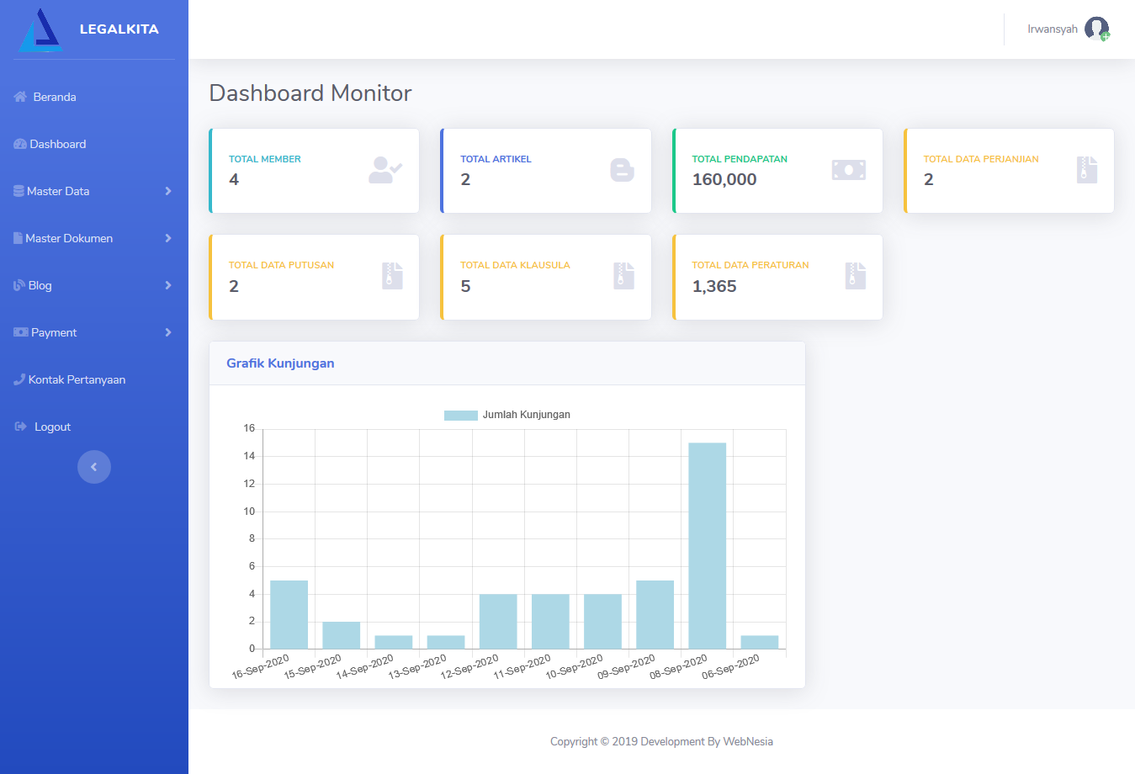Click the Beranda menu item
pyautogui.click(x=45, y=97)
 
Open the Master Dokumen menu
pyautogui.click(x=63, y=238)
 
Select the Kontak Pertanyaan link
pyautogui.click(x=70, y=379)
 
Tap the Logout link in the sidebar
pyautogui.click(x=43, y=427)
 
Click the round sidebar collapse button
pyautogui.click(x=93, y=467)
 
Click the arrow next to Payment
pyautogui.click(x=168, y=332)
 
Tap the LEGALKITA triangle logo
pyautogui.click(x=40, y=30)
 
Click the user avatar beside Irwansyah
pyautogui.click(x=1097, y=29)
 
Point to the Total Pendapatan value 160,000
pyautogui.click(x=724, y=179)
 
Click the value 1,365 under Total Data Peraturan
pyautogui.click(x=714, y=286)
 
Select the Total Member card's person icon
pyautogui.click(x=385, y=170)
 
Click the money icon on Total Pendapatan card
pyautogui.click(x=849, y=170)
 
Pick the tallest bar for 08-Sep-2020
pyautogui.click(x=707, y=545)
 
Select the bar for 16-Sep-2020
pyautogui.click(x=289, y=614)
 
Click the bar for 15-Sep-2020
pyautogui.click(x=341, y=635)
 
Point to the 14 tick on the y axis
pyautogui.click(x=249, y=456)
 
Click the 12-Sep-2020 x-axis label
pyautogui.click(x=469, y=666)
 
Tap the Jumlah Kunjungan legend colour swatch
pyautogui.click(x=460, y=416)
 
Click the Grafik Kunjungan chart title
pyautogui.click(x=280, y=363)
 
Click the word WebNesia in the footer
pyautogui.click(x=748, y=741)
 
